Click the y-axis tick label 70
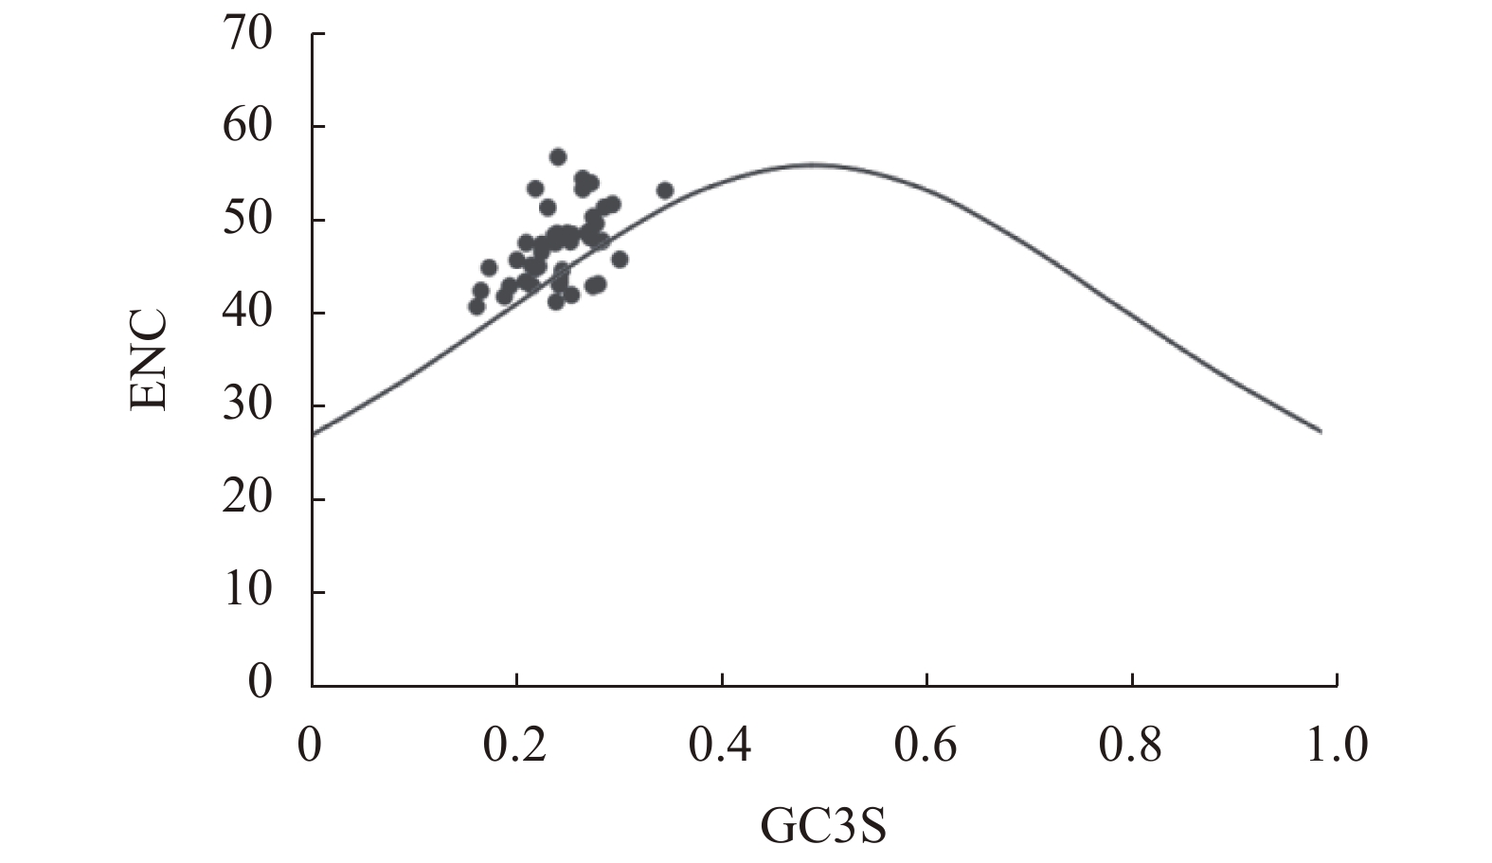click(x=247, y=34)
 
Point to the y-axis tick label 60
click(x=247, y=127)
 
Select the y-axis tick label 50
click(x=247, y=220)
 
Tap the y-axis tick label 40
click(x=247, y=313)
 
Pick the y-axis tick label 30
click(x=247, y=405)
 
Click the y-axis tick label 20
click(x=247, y=498)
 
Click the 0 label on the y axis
click(x=260, y=682)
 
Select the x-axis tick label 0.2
click(x=515, y=746)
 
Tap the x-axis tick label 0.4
click(x=721, y=746)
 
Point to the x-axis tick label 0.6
click(x=926, y=746)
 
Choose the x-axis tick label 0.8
click(x=1131, y=746)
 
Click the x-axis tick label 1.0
click(x=1337, y=746)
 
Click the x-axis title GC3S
click(x=823, y=826)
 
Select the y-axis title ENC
click(x=150, y=359)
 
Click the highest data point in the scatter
click(x=558, y=156)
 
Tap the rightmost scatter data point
click(x=665, y=190)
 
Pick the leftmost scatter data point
click(x=476, y=306)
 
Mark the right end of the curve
click(x=1321, y=432)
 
